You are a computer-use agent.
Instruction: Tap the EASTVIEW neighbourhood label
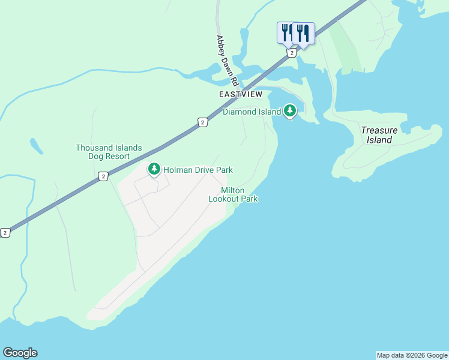point(241,95)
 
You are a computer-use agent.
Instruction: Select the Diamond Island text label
point(252,112)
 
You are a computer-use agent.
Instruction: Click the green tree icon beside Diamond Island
point(290,110)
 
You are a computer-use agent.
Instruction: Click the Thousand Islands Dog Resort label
point(109,152)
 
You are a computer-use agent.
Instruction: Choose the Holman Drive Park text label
point(197,170)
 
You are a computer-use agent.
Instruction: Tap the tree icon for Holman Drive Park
point(154,169)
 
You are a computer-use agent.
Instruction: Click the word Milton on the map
point(233,190)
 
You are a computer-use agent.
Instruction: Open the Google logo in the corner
point(20,353)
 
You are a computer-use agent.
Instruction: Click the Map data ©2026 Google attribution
point(412,355)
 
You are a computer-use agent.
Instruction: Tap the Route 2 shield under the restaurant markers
point(291,53)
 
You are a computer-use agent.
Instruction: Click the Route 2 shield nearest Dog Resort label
point(104,176)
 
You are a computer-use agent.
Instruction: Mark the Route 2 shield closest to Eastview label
point(203,122)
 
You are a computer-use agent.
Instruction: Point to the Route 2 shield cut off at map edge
point(5,232)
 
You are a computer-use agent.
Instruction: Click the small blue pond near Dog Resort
point(37,146)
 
